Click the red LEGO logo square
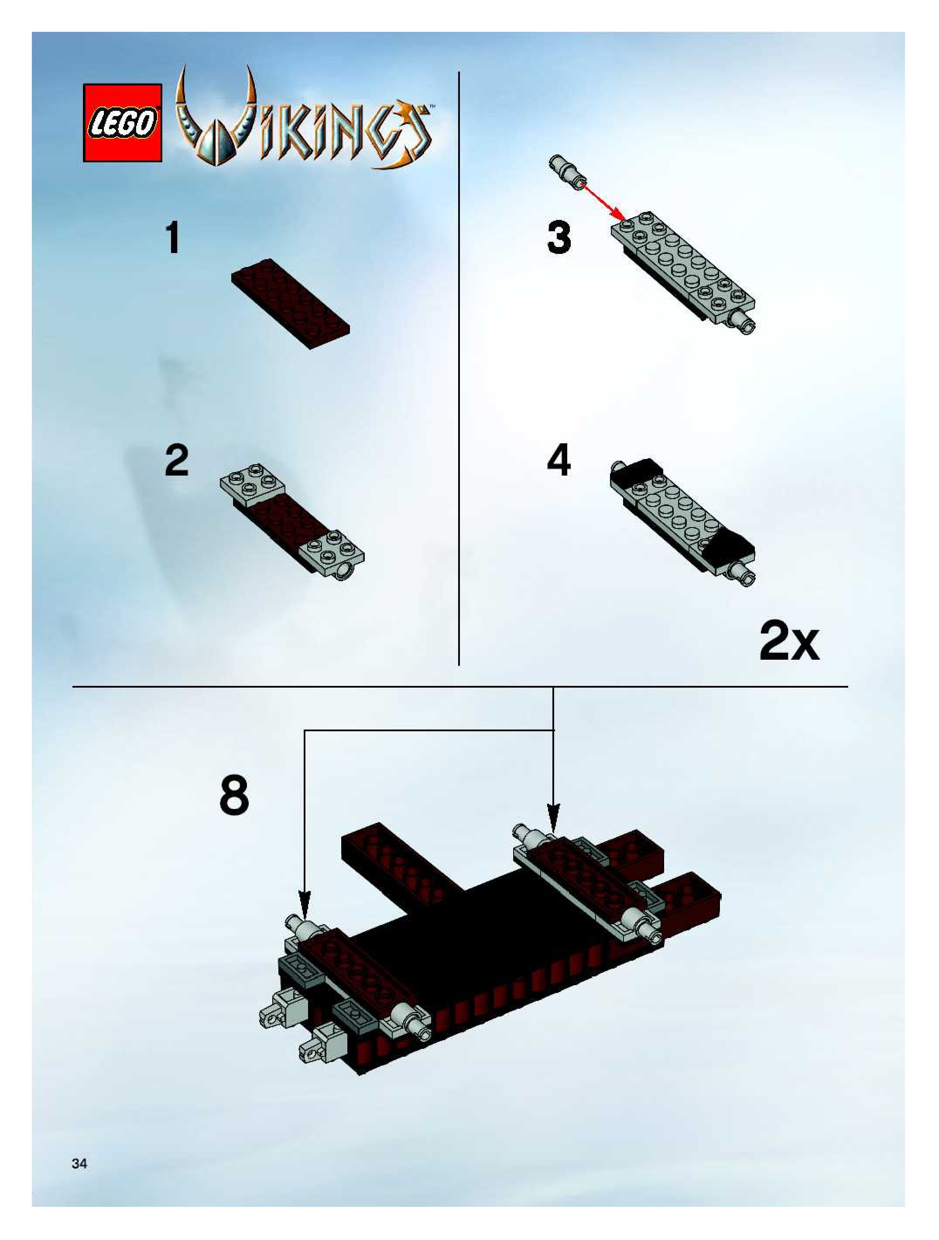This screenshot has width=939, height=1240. (123, 123)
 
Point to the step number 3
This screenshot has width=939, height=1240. (559, 238)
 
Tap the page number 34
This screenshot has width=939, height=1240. (79, 1164)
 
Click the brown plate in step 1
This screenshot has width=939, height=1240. (291, 303)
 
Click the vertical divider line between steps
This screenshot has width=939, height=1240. (459, 368)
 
